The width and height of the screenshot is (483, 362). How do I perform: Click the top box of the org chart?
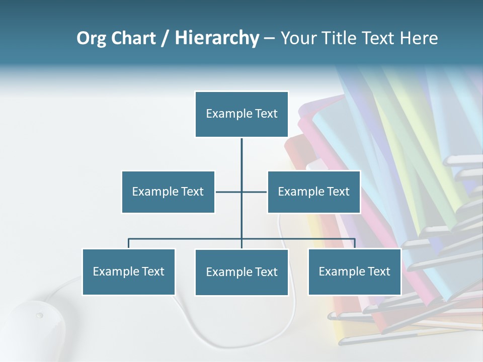coord(242,114)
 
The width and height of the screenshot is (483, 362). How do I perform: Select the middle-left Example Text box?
coord(168,192)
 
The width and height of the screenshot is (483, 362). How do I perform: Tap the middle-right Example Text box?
coord(313,192)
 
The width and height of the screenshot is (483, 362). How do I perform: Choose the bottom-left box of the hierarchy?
coord(128,271)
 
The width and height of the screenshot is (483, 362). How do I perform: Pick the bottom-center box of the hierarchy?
coord(242,272)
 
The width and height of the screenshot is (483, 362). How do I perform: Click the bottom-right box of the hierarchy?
coord(354,271)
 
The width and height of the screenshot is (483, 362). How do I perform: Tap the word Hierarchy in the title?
coord(216,38)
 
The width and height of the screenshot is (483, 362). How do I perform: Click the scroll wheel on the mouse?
coord(39,316)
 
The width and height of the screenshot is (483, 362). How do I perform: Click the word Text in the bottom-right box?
coord(378,271)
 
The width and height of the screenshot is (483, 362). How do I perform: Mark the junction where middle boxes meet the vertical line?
coord(242,192)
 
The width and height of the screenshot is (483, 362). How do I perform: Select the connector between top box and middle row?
coord(242,153)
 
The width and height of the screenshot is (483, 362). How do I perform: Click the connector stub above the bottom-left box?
coord(128,243)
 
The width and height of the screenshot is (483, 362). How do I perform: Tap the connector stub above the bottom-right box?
coord(354,243)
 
